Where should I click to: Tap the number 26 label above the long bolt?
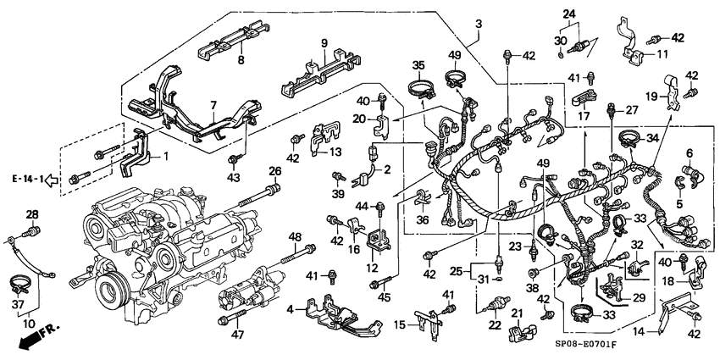(274, 171)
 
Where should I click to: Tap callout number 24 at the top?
(568, 13)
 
